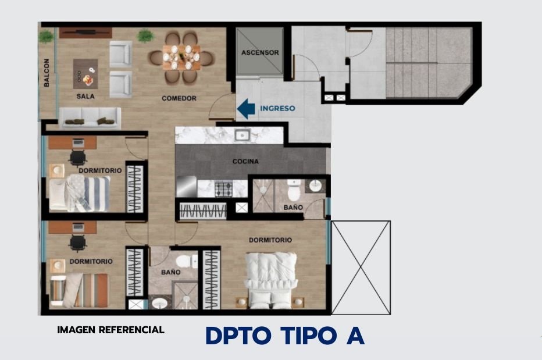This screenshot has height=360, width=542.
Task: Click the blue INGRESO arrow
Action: [x=246, y=109]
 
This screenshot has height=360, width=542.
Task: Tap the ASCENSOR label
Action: [x=260, y=52]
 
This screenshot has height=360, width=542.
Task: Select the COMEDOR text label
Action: [x=179, y=98]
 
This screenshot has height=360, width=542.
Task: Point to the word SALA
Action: [x=85, y=96]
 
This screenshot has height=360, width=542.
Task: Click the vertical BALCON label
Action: [x=47, y=73]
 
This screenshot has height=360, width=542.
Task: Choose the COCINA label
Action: [x=245, y=161]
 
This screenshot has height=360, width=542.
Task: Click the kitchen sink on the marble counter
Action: [x=243, y=135]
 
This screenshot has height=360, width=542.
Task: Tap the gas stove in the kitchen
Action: [x=224, y=189]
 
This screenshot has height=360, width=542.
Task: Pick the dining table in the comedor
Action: [x=181, y=58]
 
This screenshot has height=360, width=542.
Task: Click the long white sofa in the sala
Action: [x=90, y=117]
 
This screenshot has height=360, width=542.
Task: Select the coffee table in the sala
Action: [x=85, y=74]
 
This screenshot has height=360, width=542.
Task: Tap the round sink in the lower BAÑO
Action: [x=159, y=304]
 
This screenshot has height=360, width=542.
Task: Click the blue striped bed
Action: [x=80, y=193]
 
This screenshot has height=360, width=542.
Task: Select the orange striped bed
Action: [x=79, y=290]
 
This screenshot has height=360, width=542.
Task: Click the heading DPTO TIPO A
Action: [x=285, y=336]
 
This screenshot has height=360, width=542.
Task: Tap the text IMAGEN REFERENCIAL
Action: [x=110, y=330]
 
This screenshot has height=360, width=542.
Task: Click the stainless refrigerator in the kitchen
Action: [x=186, y=187]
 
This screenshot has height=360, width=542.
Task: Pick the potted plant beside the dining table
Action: [x=145, y=35]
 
